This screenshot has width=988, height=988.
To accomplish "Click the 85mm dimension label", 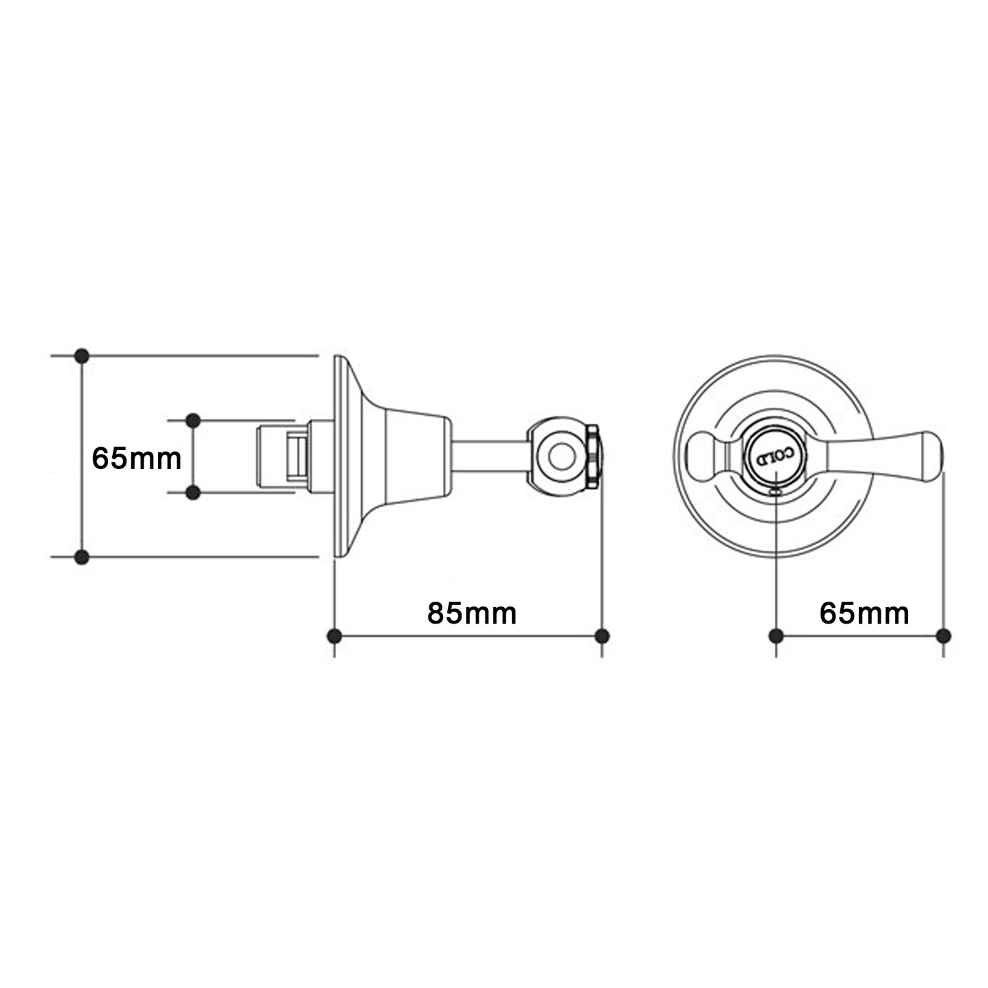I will coord(472,613).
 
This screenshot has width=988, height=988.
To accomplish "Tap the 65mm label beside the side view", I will coord(137,458).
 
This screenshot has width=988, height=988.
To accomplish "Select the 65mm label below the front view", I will coord(864,613).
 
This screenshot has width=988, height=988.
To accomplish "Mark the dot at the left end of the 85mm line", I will coord(334,637).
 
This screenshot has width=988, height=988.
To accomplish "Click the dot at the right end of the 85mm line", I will coord(602,637).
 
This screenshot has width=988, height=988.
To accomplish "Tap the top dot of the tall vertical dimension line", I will coord(82,356).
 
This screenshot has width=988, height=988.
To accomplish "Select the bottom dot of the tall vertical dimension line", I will coord(82,557).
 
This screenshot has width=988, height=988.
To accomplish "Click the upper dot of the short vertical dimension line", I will coord(193,420).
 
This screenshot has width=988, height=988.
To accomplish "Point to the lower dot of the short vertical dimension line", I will coord(193,492).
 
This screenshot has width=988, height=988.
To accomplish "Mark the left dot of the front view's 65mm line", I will coord(776,637).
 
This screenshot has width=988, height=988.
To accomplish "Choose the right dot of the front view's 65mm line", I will coord(944,637).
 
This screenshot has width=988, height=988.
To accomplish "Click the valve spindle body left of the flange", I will coord(280,456).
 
